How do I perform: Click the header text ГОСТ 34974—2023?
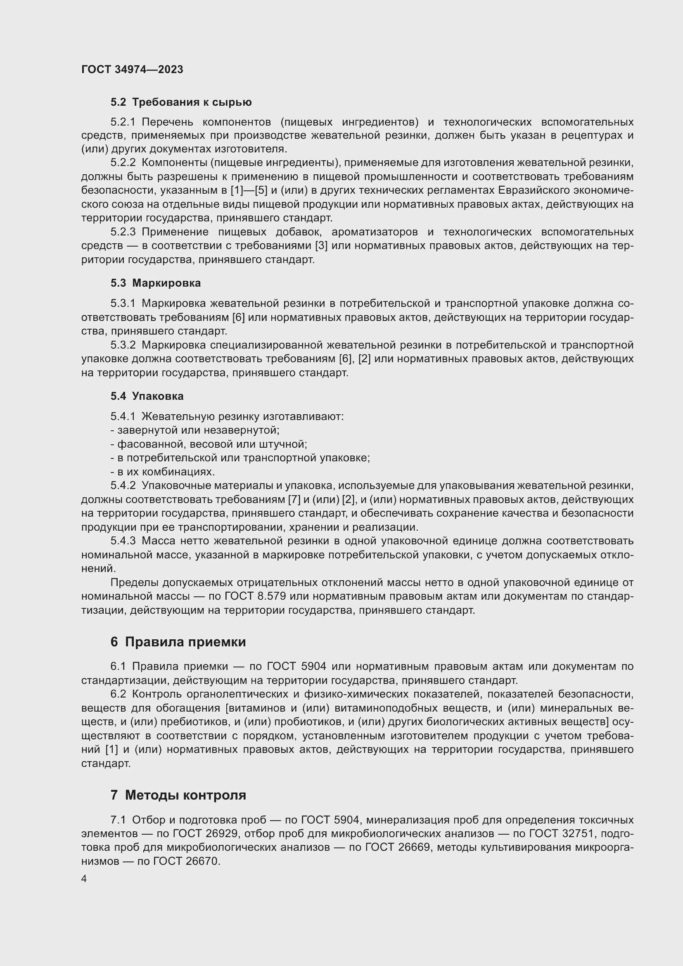tap(132, 69)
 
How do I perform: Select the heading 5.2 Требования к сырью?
tap(181, 102)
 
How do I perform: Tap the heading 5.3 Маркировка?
tap(156, 283)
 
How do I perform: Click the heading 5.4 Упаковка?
tap(147, 396)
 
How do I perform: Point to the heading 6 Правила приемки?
tap(178, 642)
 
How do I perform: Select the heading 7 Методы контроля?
tap(178, 795)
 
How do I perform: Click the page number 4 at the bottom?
tap(84, 879)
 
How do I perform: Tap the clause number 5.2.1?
tap(123, 122)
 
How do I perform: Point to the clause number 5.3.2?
tap(123, 345)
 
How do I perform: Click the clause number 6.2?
tap(118, 694)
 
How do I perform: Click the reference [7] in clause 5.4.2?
tap(293, 500)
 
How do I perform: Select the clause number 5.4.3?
tap(123, 541)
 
